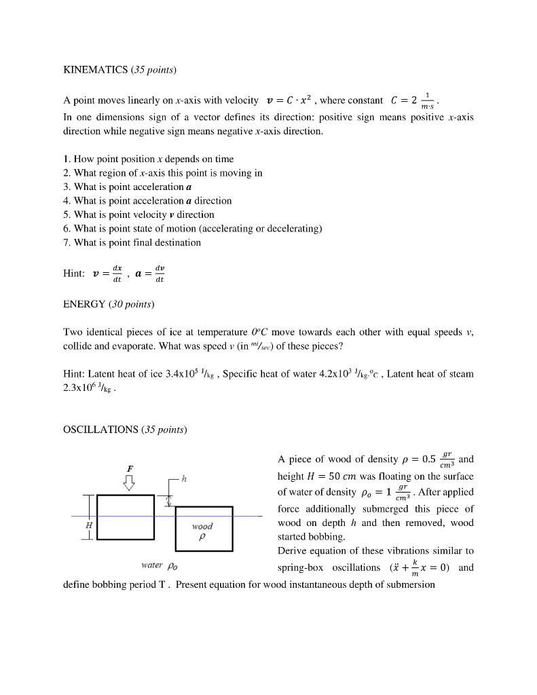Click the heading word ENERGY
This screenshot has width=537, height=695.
coord(84,304)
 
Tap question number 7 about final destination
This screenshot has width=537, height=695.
coord(132,242)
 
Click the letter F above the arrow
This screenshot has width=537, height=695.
coord(130,468)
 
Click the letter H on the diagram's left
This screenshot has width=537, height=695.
coord(88,526)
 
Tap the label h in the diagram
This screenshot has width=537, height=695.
coord(184,479)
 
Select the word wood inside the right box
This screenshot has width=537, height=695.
coord(202,526)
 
